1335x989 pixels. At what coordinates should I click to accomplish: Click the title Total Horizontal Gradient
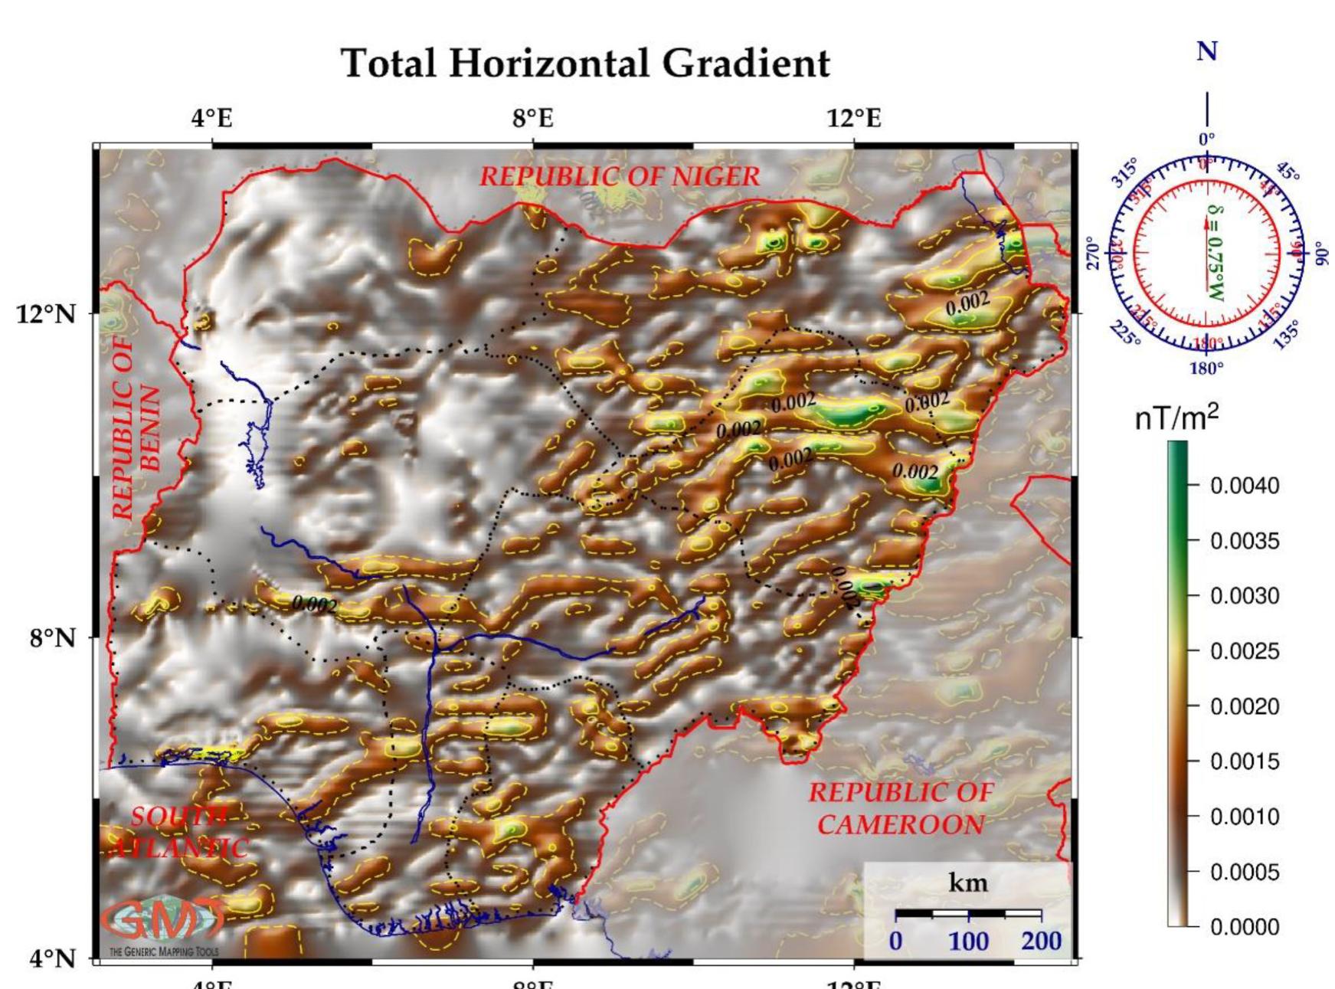(x=585, y=63)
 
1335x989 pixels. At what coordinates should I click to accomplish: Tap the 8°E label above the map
(x=533, y=119)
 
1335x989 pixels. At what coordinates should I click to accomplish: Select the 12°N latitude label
(x=46, y=314)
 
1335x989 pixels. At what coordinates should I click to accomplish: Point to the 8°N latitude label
(x=52, y=638)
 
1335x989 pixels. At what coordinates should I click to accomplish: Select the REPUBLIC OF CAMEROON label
(x=901, y=809)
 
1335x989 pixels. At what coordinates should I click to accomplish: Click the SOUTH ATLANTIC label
(x=181, y=832)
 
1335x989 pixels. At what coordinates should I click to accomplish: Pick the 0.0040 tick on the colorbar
(x=1244, y=486)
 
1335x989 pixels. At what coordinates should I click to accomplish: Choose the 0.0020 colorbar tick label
(x=1244, y=706)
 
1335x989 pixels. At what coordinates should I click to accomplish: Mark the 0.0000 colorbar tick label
(x=1244, y=927)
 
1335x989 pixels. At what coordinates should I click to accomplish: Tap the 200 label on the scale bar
(x=1040, y=941)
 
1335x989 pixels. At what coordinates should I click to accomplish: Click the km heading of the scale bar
(x=968, y=883)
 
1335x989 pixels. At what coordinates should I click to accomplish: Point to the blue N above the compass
(x=1207, y=52)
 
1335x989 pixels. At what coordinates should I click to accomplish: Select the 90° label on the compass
(x=1318, y=253)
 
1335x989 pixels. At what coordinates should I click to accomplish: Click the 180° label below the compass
(x=1207, y=368)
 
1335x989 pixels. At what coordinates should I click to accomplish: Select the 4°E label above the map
(x=212, y=119)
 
